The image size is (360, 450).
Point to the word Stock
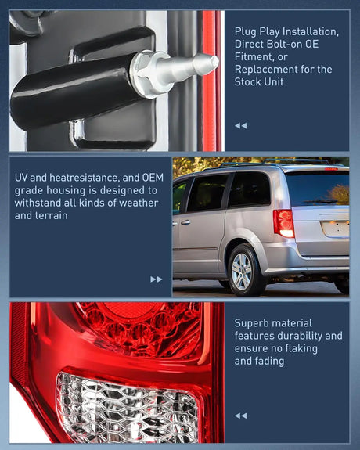[x=250, y=81]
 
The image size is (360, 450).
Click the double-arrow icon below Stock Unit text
[x=240, y=125]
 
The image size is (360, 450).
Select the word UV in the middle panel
[x=22, y=178]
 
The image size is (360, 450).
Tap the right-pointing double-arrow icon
[x=157, y=279]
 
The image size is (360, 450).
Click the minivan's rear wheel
[x=243, y=271]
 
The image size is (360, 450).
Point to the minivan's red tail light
[x=283, y=223]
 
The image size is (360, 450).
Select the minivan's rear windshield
[x=317, y=189]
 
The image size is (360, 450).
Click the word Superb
[x=253, y=322]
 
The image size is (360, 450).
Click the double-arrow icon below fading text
[x=240, y=416]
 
